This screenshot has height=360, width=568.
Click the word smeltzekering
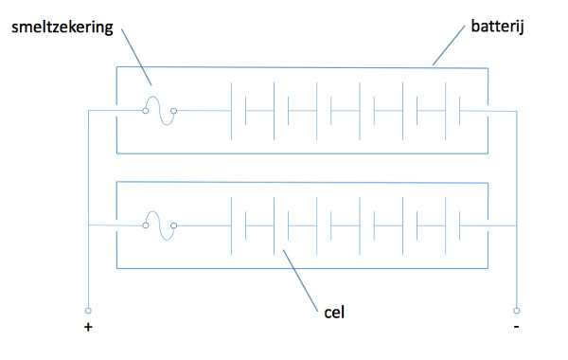click(62, 27)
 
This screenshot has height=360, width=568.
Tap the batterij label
click(497, 27)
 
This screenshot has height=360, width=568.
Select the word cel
click(334, 312)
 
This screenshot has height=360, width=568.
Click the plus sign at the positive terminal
click(88, 328)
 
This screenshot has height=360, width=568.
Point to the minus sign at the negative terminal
click(516, 327)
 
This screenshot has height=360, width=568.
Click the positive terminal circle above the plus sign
click(88, 311)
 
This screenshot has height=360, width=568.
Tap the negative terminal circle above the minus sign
click(517, 311)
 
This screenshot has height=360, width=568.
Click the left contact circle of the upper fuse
click(146, 111)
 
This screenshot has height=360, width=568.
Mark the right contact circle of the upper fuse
click(174, 111)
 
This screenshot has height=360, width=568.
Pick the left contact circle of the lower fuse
click(146, 225)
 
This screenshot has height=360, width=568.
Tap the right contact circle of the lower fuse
click(174, 225)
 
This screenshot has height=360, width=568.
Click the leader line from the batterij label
click(449, 45)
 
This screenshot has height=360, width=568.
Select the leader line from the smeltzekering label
click(136, 57)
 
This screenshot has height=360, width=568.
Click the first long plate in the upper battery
click(232, 111)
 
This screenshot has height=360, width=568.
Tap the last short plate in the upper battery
click(460, 111)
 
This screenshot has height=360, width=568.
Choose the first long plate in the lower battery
click(232, 225)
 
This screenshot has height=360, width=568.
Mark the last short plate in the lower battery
click(460, 225)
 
